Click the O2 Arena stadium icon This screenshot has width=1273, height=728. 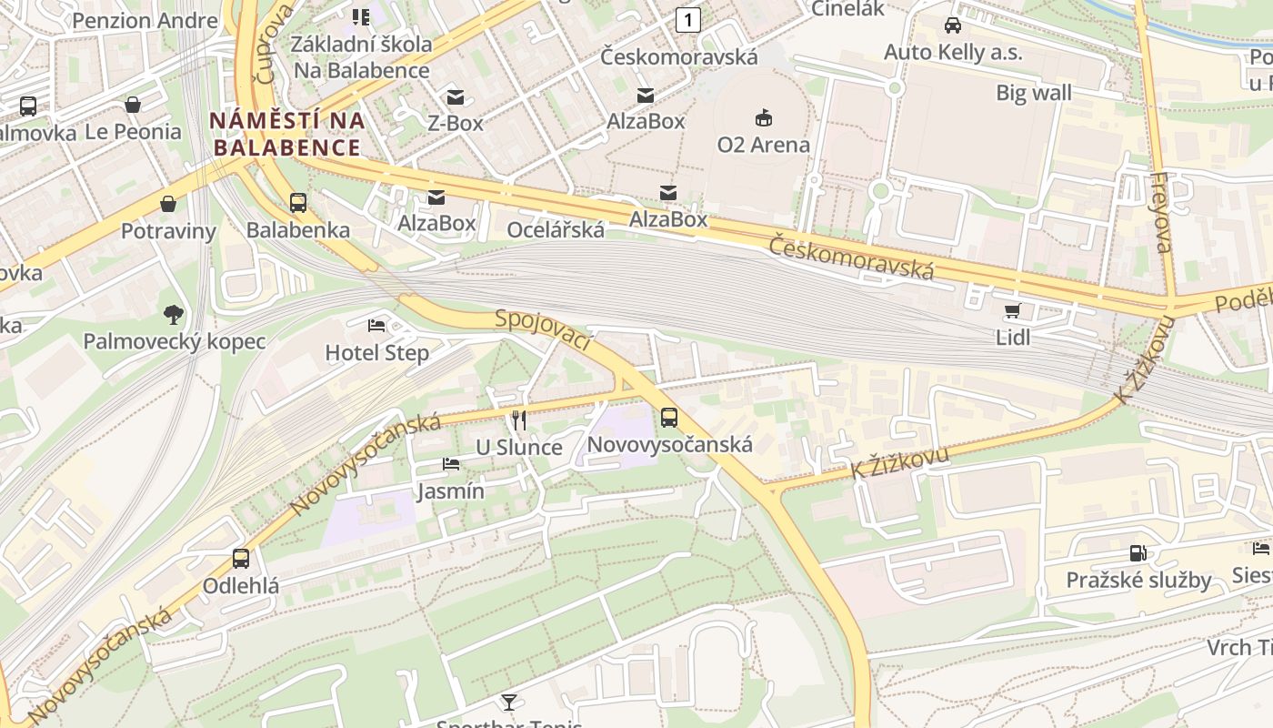pyautogui.click(x=763, y=117)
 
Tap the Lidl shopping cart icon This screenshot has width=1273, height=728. pyautogui.click(x=1012, y=311)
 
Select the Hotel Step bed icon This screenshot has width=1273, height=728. pyautogui.click(x=376, y=326)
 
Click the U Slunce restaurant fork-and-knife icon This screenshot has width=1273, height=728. pyautogui.click(x=519, y=420)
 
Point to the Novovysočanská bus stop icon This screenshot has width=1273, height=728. pyautogui.click(x=669, y=418)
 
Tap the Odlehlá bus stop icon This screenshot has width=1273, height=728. pyautogui.click(x=241, y=559)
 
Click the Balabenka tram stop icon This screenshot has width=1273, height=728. pyautogui.click(x=298, y=202)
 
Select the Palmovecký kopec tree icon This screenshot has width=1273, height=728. pyautogui.click(x=174, y=315)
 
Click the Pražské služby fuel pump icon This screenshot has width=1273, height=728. pyautogui.click(x=1138, y=552)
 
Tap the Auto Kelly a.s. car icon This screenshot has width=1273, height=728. pyautogui.click(x=952, y=25)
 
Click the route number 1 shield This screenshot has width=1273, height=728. pyautogui.click(x=688, y=19)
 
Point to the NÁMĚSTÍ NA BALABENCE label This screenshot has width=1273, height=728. pyautogui.click(x=286, y=134)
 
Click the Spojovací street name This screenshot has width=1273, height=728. pyautogui.click(x=543, y=330)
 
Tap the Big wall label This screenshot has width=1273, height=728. pyautogui.click(x=1034, y=93)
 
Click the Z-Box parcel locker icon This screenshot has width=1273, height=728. pyautogui.click(x=455, y=96)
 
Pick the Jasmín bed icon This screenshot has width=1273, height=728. pyautogui.click(x=450, y=464)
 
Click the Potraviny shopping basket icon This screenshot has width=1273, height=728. pyautogui.click(x=168, y=203)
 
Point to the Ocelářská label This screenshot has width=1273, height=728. pyautogui.click(x=556, y=229)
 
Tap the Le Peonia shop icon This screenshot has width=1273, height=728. pyautogui.click(x=133, y=105)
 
